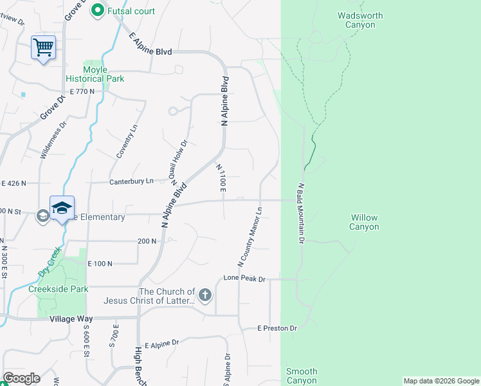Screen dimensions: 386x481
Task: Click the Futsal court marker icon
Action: click(x=98, y=10)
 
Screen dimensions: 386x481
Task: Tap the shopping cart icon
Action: click(x=43, y=47)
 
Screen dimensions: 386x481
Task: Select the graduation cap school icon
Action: click(x=62, y=208)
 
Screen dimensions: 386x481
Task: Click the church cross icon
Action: click(x=204, y=296)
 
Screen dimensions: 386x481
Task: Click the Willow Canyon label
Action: click(x=364, y=222)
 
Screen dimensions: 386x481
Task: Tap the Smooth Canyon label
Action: click(x=302, y=376)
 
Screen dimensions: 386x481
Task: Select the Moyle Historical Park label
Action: click(x=103, y=74)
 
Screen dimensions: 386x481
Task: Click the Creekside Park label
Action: click(x=59, y=289)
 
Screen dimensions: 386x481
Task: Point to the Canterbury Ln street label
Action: click(x=132, y=181)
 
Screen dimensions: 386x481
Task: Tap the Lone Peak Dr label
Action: click(x=244, y=279)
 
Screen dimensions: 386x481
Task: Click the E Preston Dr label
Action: click(x=277, y=328)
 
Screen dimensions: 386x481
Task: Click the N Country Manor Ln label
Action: click(x=250, y=237)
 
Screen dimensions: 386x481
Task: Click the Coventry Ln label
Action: click(x=126, y=142)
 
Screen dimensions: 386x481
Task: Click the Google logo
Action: click(x=21, y=378)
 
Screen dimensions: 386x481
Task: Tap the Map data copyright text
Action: click(x=440, y=381)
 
